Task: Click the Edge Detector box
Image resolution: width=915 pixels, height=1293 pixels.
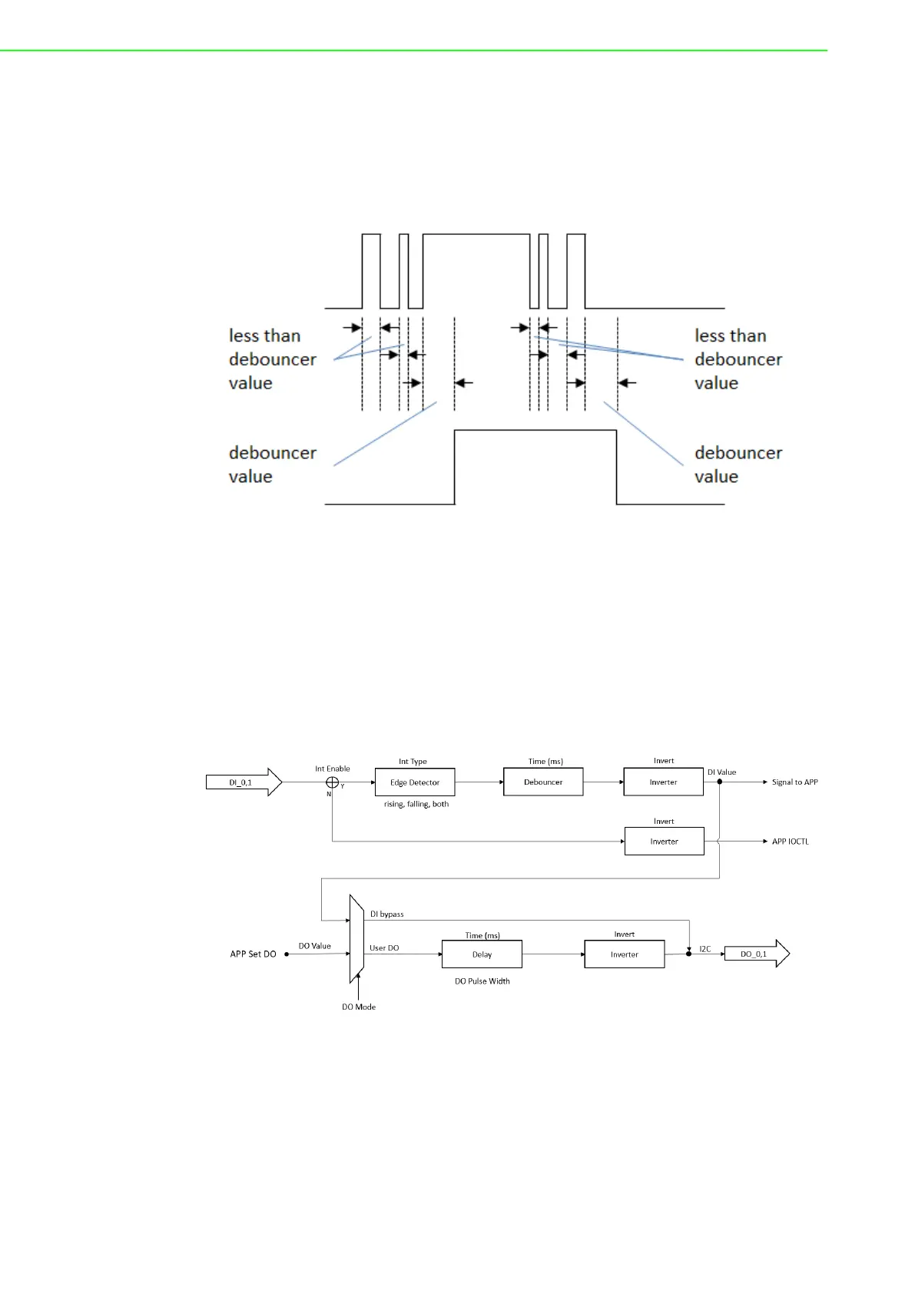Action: [x=415, y=782]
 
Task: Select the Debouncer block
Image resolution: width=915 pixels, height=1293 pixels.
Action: [x=543, y=782]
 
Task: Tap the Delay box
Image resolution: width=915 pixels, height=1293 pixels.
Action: [x=482, y=954]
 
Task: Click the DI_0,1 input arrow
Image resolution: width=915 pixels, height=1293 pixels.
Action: [x=244, y=782]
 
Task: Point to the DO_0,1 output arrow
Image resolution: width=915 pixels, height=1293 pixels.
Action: [x=757, y=954]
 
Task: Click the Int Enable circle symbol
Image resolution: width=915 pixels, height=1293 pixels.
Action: [x=332, y=782]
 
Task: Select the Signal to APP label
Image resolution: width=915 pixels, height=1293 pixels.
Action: [x=795, y=782]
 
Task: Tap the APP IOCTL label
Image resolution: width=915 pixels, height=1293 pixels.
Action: [x=791, y=842]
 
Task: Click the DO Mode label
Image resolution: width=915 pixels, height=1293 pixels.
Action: [x=359, y=1007]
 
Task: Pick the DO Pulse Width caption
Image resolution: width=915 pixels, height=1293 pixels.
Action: [x=482, y=980]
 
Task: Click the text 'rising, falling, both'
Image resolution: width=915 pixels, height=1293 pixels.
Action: [x=416, y=804]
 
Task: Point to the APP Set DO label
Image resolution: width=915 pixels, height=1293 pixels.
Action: [x=253, y=954]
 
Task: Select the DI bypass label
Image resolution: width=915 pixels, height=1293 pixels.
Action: [x=387, y=914]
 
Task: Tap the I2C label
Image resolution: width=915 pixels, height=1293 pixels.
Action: [x=705, y=949]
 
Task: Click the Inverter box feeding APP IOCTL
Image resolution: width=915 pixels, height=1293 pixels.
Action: [x=665, y=841]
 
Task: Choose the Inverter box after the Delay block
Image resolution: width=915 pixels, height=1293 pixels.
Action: [x=625, y=954]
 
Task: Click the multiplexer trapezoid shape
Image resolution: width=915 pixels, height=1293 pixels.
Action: [x=356, y=939]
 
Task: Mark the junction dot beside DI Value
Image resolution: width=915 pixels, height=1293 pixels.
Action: [x=720, y=782]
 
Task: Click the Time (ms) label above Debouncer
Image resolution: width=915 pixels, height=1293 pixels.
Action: [x=545, y=762]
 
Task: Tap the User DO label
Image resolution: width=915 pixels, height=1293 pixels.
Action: [x=384, y=947]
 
